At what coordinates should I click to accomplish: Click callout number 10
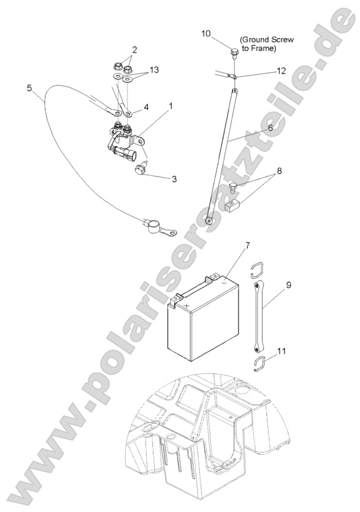tap(206, 34)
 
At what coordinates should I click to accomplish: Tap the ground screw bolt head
tap(234, 52)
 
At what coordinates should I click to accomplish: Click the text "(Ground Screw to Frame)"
tap(267, 44)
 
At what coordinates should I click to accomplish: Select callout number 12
tap(281, 71)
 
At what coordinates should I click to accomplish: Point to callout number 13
tap(154, 69)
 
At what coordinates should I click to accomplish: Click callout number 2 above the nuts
tap(134, 50)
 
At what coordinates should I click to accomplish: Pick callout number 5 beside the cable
tap(29, 88)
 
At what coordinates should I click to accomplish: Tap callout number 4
tap(146, 107)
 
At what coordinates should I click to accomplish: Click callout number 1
tap(170, 106)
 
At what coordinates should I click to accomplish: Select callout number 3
tap(174, 178)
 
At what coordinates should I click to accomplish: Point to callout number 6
tap(270, 128)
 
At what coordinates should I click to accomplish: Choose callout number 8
tap(279, 171)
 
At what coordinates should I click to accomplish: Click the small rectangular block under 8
tap(233, 206)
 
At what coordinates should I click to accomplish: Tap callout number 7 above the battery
tap(247, 245)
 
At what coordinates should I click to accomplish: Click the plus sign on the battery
tap(186, 306)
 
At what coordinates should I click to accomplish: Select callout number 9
tap(288, 285)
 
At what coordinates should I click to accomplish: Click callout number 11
tap(281, 351)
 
